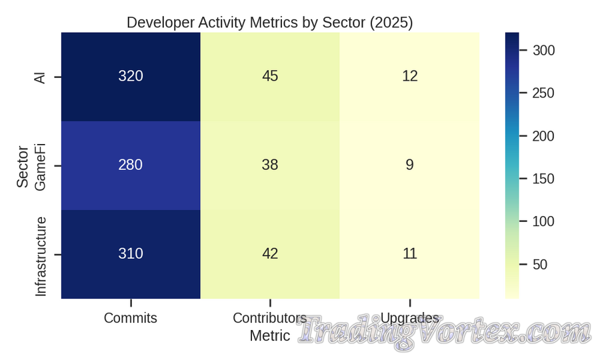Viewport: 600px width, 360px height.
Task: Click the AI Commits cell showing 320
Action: [x=131, y=76]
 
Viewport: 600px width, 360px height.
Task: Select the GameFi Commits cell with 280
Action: [x=131, y=165]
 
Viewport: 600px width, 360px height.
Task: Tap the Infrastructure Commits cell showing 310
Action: [x=131, y=253]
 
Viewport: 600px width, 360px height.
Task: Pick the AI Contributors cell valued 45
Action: [x=270, y=76]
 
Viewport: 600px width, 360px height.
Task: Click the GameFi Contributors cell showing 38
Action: [x=270, y=165]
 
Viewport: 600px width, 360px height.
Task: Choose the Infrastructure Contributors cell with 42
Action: [x=270, y=253]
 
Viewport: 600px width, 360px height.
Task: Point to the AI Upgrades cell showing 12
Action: [x=409, y=76]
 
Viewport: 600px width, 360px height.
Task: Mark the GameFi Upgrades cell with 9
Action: [x=409, y=165]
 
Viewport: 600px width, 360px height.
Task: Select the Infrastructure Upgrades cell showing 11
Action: [x=409, y=253]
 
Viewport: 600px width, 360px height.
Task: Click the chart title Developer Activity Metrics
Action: [x=270, y=22]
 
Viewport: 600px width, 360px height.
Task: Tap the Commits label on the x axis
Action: [x=131, y=318]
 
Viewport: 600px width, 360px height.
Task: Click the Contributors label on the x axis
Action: [x=270, y=318]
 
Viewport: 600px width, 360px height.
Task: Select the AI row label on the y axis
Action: [x=41, y=77]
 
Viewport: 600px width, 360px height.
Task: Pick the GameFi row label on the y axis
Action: [x=41, y=165]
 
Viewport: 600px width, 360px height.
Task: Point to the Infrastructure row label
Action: [x=41, y=256]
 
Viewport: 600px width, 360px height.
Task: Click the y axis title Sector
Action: [x=23, y=165]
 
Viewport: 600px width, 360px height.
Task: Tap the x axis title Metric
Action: [x=270, y=336]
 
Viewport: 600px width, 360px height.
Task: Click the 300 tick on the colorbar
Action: [x=543, y=51]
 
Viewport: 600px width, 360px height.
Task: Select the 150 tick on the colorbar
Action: [x=543, y=179]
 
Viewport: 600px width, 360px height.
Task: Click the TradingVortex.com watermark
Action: [x=443, y=331]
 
